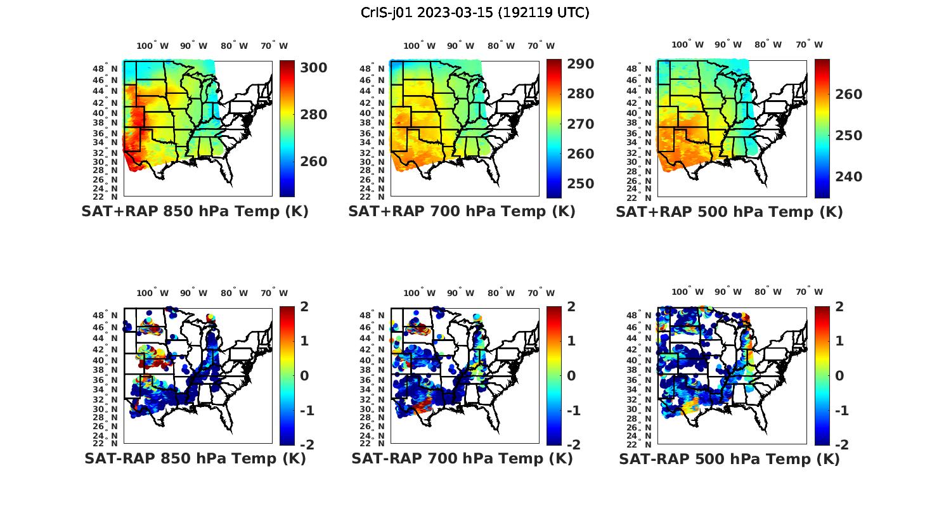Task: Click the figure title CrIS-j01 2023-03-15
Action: coord(475,13)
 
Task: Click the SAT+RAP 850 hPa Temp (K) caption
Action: coord(195,212)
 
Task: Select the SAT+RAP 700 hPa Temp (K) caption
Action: coord(462,212)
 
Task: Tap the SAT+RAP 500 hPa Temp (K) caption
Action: coord(729,212)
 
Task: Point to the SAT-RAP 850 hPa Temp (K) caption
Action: coord(195,458)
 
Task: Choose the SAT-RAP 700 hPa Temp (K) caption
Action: coord(462,458)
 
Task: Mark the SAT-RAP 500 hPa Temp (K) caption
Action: coord(729,458)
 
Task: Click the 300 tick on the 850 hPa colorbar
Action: coord(314,68)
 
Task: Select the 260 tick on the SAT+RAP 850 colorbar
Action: coord(314,162)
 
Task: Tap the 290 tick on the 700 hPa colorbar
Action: coord(581,64)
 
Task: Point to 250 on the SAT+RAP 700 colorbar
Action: coord(581,184)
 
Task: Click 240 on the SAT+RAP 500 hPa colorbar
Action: coord(848,177)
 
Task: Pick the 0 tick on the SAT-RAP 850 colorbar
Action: coord(304,376)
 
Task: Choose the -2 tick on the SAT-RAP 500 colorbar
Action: coord(837,444)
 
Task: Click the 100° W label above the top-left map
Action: coord(152,46)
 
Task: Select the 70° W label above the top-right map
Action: coord(809,45)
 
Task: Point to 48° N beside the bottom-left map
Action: coord(105,316)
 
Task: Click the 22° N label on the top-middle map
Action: coord(372,197)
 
